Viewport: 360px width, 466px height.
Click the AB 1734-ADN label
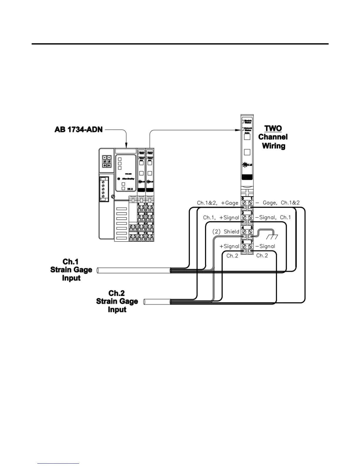pyautogui.click(x=79, y=129)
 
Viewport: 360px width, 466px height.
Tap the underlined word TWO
pyautogui.click(x=273, y=129)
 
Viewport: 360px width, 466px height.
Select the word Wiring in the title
pyautogui.click(x=274, y=146)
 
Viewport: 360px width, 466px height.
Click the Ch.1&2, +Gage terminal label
pyautogui.click(x=218, y=203)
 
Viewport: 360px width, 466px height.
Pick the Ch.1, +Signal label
pyautogui.click(x=221, y=218)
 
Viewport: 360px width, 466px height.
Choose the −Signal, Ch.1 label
pyautogui.click(x=273, y=217)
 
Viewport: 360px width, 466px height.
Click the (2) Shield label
pyautogui.click(x=226, y=232)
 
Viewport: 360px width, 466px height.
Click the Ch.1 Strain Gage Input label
pyautogui.click(x=71, y=270)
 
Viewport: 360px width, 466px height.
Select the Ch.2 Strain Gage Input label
pyautogui.click(x=117, y=301)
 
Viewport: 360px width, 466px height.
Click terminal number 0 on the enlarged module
pyautogui.click(x=243, y=199)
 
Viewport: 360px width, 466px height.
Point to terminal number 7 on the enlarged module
pyautogui.click(x=251, y=242)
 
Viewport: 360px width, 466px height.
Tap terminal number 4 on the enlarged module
pyautogui.click(x=243, y=228)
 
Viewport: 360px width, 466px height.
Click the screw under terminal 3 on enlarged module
pyautogui.click(x=250, y=217)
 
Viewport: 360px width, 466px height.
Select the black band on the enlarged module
pyautogui.click(x=247, y=177)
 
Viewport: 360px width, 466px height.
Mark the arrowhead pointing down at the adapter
pyautogui.click(x=126, y=145)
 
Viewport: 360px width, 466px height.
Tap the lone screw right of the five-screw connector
pyautogui.click(x=113, y=196)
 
